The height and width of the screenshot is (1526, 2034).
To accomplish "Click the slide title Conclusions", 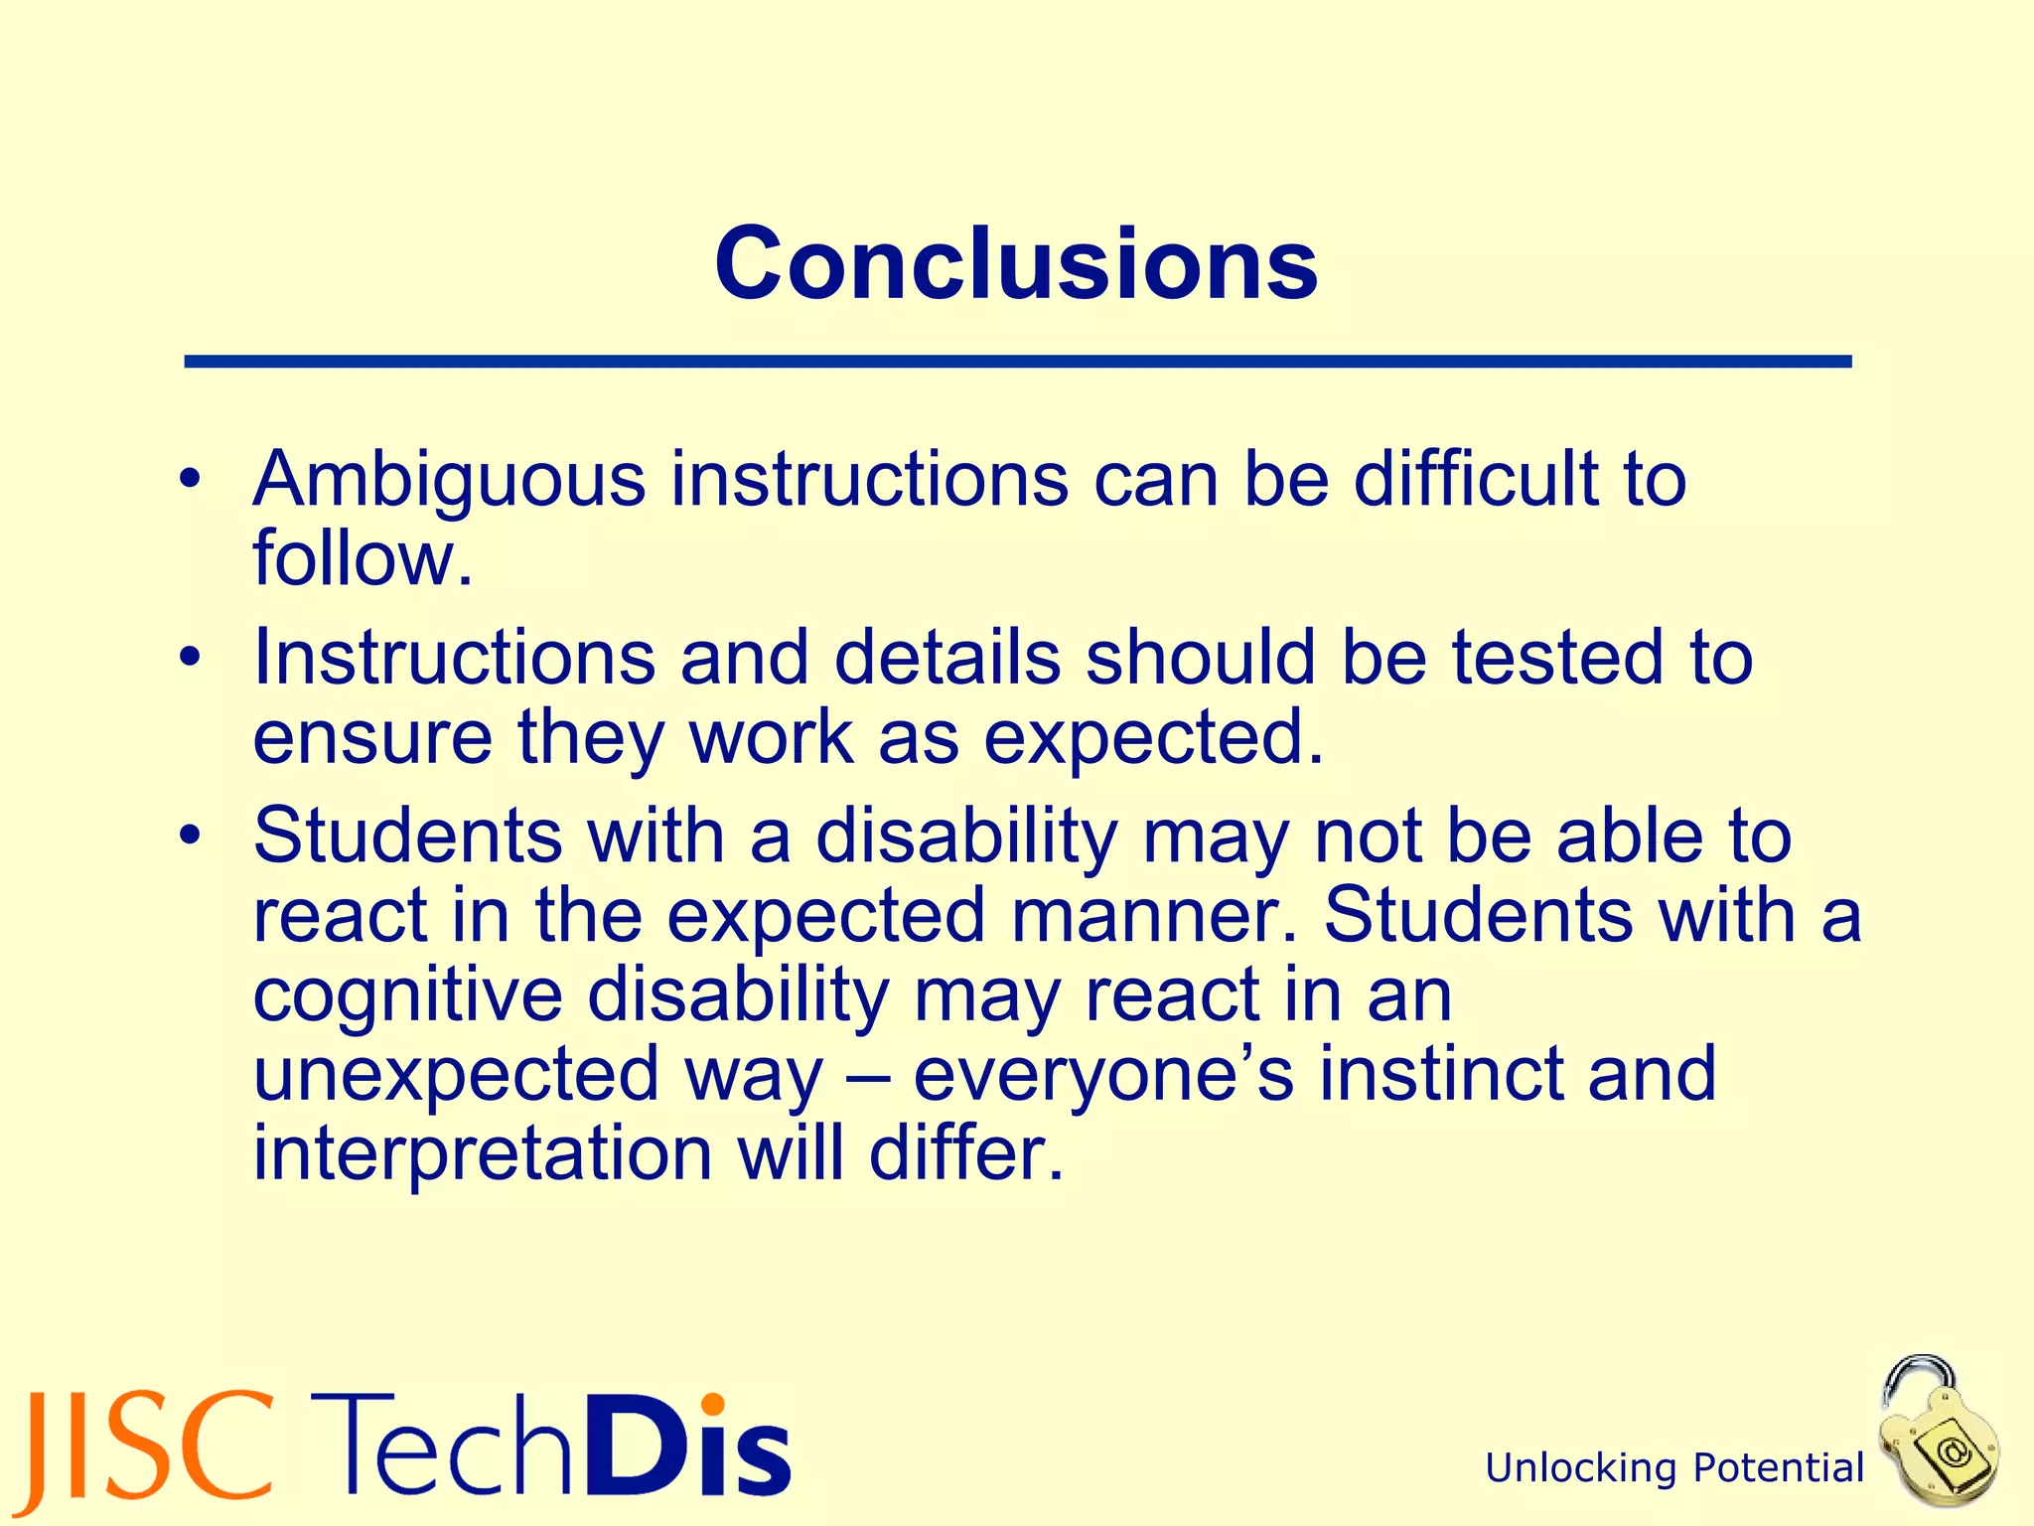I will pyautogui.click(x=1016, y=264).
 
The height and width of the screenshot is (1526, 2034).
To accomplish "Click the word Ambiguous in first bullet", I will pyautogui.click(x=449, y=481).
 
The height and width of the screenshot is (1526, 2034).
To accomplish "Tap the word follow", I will pyautogui.click(x=362, y=558).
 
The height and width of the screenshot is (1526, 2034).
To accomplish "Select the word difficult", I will pyautogui.click(x=1476, y=479).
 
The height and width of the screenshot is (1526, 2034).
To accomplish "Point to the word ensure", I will pyautogui.click(x=372, y=739).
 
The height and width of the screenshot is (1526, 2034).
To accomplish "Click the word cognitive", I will pyautogui.click(x=407, y=995).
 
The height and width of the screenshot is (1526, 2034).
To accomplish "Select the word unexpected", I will pyautogui.click(x=455, y=1075).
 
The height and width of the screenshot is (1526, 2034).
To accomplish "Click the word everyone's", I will pyautogui.click(x=1102, y=1075).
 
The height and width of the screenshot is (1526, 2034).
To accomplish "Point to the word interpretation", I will pyautogui.click(x=483, y=1154).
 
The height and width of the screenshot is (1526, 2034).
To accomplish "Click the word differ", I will pyautogui.click(x=965, y=1154).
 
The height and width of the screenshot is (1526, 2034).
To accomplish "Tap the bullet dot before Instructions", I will pyautogui.click(x=191, y=658).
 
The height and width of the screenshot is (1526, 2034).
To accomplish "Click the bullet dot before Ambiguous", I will pyautogui.click(x=191, y=480).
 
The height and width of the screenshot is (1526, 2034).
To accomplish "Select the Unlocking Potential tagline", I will pyautogui.click(x=1674, y=1468).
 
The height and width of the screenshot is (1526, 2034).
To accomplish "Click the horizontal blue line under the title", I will pyautogui.click(x=1017, y=362).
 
